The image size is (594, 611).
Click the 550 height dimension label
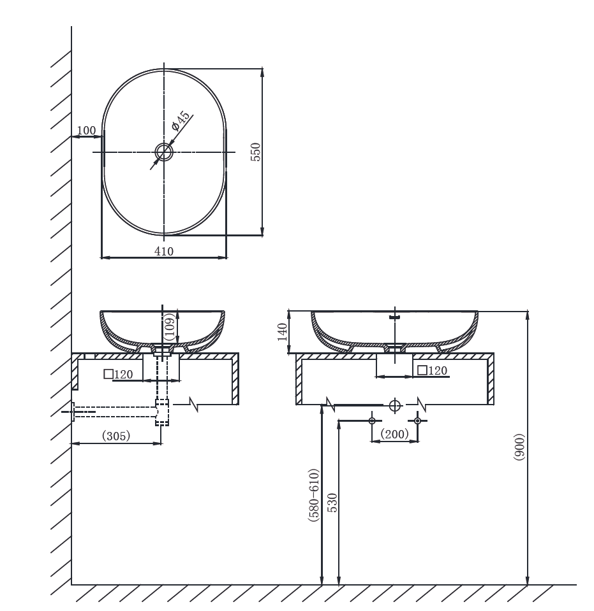point(255,152)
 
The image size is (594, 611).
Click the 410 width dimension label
point(164,251)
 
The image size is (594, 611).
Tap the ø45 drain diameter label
point(181,120)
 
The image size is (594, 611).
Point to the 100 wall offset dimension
point(86,131)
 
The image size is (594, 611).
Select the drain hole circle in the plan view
point(164,152)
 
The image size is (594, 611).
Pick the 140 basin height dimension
point(282,332)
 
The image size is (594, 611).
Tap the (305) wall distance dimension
point(116,436)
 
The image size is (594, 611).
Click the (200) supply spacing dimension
point(394,434)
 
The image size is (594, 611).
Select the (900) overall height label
point(519,447)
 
